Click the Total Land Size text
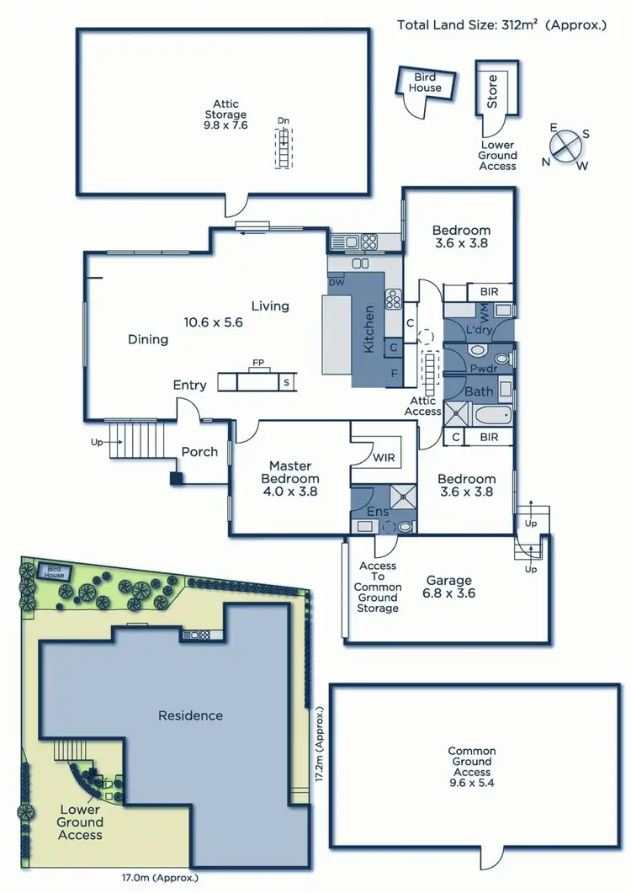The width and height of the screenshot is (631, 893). coord(501,24)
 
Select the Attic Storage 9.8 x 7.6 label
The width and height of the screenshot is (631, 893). coord(225,114)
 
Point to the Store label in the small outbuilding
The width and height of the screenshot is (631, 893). coord(492,91)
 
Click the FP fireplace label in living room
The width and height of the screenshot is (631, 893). coord(258,364)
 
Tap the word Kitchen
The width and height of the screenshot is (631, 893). coord(368,329)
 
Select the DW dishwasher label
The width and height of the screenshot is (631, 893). coord(337,282)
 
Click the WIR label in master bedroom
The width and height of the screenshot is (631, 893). coord(384,459)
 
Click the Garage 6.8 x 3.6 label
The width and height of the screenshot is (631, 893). coord(448,586)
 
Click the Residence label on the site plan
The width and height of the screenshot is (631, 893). coord(191,715)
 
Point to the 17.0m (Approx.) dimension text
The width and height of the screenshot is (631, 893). coord(160,877)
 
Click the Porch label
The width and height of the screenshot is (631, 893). coord(199,452)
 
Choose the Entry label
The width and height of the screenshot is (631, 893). coord(189,385)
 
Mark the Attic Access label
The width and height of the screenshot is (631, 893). coord(422,407)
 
